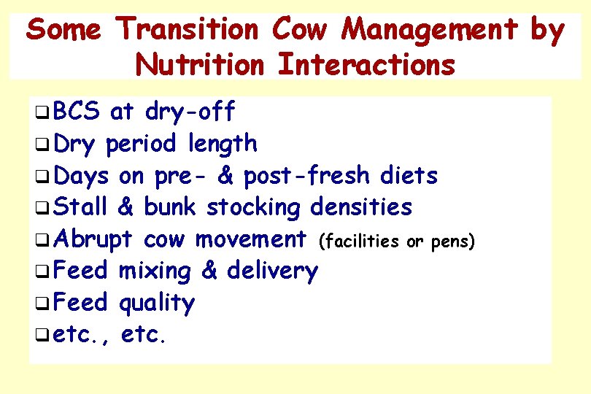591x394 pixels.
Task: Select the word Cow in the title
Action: click(302, 31)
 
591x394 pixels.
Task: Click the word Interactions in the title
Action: click(367, 64)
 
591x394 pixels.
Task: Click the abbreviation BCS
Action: click(77, 112)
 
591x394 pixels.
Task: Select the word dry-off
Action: click(190, 112)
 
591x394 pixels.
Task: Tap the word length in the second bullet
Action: click(222, 144)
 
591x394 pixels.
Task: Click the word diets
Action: click(412, 176)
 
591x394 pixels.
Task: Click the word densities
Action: click(361, 207)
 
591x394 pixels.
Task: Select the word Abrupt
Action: click(93, 239)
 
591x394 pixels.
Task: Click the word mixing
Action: click(155, 271)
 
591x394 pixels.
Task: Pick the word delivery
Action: click(272, 271)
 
